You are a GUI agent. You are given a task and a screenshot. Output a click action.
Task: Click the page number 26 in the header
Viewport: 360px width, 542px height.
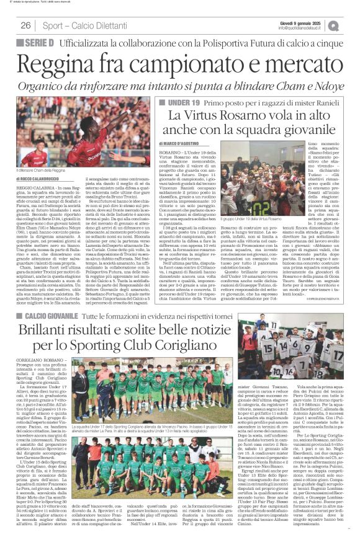(25, 25)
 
